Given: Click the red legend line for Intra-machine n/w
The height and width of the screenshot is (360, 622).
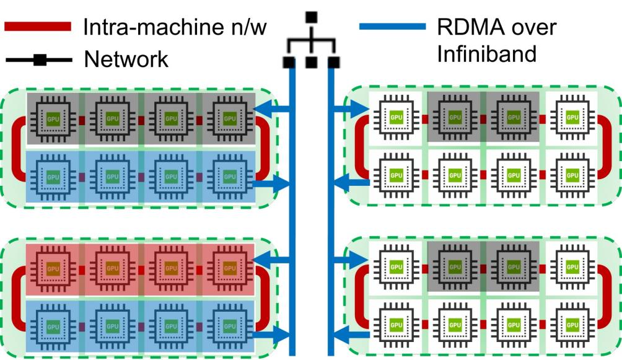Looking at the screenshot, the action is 38,27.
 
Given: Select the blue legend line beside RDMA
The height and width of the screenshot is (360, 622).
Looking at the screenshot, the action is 392,27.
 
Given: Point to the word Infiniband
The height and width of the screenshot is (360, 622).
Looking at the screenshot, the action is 486,53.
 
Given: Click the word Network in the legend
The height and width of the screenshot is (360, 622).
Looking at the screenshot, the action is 126,59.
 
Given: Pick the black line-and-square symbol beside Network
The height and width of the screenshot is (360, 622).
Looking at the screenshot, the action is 39,60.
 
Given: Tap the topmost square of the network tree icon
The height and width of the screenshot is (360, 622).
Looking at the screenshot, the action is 312,17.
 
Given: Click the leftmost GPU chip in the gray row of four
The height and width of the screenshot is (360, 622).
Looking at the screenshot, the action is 53,118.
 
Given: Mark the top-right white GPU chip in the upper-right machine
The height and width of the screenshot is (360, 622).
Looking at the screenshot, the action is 572,118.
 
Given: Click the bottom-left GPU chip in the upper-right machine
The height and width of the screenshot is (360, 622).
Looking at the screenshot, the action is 396,175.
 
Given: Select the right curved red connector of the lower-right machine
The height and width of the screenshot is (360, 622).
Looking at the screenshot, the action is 604,297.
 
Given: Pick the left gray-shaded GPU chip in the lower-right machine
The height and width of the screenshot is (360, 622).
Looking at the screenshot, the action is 455,267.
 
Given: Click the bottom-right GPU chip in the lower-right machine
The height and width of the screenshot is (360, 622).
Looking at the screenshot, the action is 572,325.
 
